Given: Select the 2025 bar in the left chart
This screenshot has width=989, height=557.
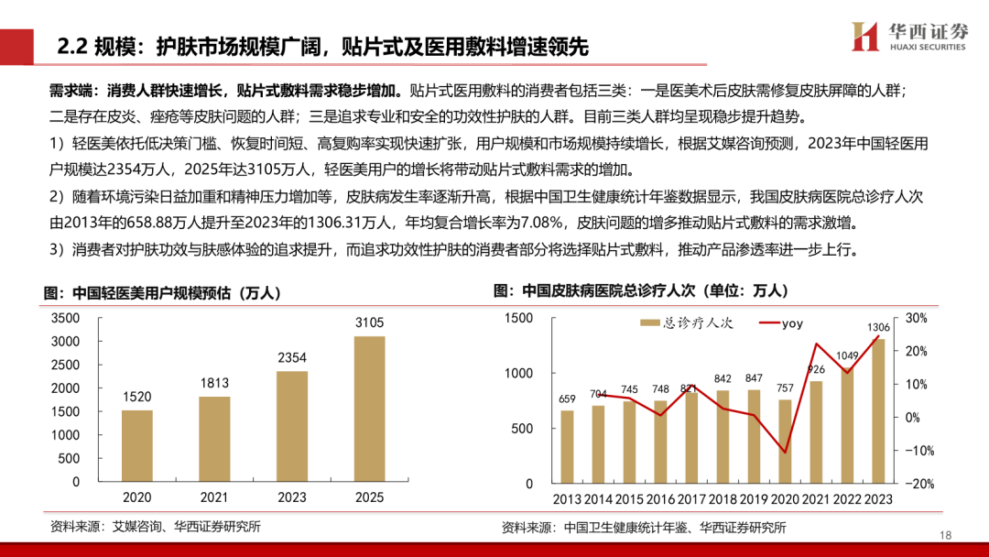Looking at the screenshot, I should tap(369, 409).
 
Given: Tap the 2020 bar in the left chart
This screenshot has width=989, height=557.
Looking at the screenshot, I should tap(137, 445).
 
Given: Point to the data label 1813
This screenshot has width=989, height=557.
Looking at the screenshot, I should tap(214, 383).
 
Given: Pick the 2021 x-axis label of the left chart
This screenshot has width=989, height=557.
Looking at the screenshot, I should tap(214, 497).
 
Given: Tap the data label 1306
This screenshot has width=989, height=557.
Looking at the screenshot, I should tap(878, 327).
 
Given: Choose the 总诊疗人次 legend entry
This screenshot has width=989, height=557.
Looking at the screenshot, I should tap(686, 322).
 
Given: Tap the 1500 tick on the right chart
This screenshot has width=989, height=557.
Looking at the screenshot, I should tap(518, 318).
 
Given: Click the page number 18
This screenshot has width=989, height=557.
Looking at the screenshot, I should tap(947, 535).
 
